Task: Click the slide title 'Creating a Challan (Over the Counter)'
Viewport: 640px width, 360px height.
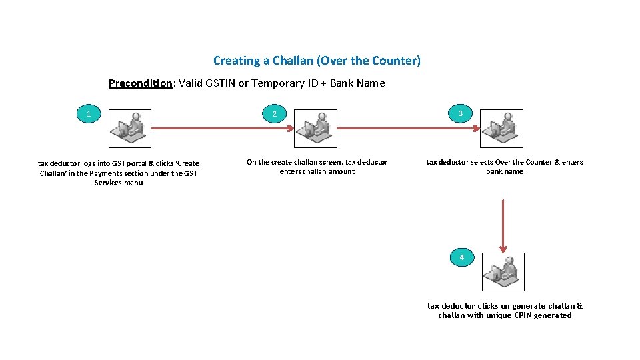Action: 317,61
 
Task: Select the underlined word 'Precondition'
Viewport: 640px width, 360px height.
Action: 141,83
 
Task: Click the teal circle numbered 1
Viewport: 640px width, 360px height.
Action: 89,115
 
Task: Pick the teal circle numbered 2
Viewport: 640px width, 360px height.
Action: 273,115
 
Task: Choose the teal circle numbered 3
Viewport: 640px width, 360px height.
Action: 460,114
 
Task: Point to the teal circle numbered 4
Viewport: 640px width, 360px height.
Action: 461,257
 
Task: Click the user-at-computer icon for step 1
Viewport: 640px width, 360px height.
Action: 129,128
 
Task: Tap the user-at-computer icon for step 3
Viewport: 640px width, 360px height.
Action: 502,128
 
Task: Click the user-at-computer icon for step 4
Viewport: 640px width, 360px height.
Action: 503,271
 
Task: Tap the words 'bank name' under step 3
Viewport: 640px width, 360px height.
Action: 505,171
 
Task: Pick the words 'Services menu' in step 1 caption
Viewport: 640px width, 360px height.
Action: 119,183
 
